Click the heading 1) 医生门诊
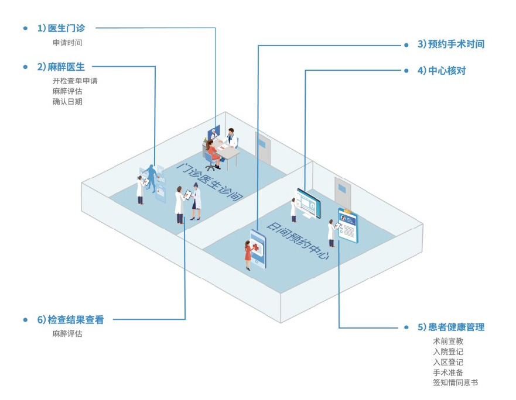(x=61, y=28)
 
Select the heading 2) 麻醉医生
(x=61, y=67)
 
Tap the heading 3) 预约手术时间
(x=451, y=44)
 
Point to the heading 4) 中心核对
(x=442, y=71)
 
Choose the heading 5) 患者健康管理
(x=451, y=327)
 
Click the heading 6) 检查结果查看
(x=70, y=319)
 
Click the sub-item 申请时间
(x=67, y=43)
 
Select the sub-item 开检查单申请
(x=75, y=81)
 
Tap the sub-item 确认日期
(x=67, y=102)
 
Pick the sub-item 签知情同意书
(x=456, y=382)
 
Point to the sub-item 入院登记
(x=448, y=351)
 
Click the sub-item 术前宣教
(x=448, y=341)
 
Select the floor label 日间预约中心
(x=298, y=240)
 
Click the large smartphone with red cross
(x=258, y=249)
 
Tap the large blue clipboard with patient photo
(x=348, y=225)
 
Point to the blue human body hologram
(x=151, y=178)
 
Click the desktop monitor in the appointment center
(x=309, y=204)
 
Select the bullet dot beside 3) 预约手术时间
(x=406, y=44)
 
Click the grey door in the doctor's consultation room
(x=262, y=148)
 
